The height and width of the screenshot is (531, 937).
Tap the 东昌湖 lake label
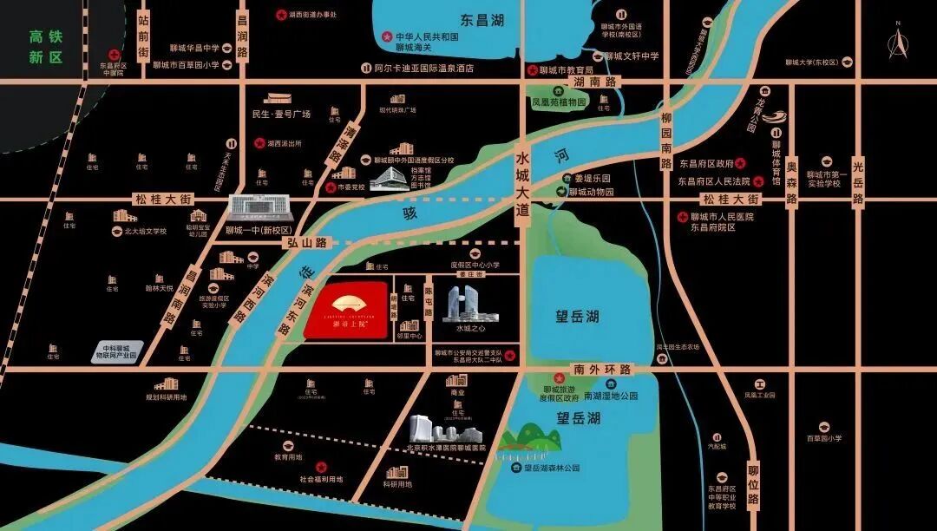click(482, 20)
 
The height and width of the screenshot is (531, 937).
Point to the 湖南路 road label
click(599, 82)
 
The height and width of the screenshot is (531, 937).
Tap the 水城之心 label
click(469, 329)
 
